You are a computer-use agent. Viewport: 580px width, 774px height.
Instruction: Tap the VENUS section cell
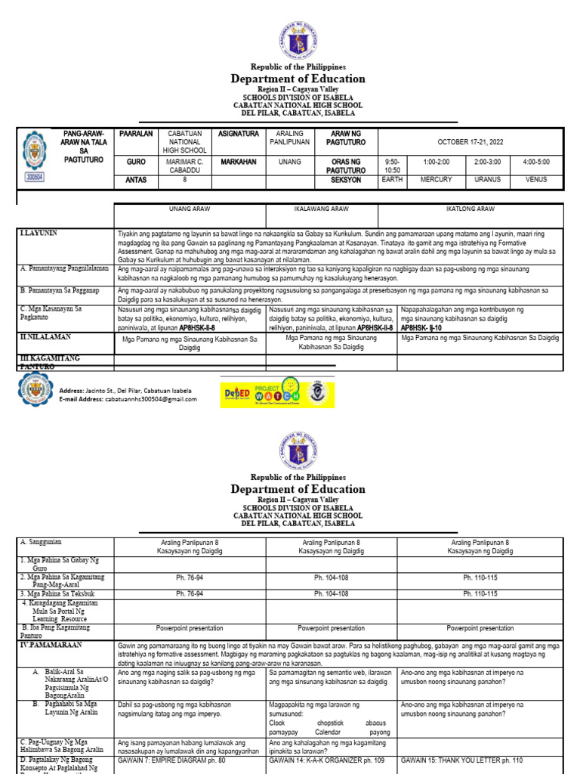(x=535, y=180)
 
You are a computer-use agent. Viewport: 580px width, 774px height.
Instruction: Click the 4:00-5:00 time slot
(x=535, y=161)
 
